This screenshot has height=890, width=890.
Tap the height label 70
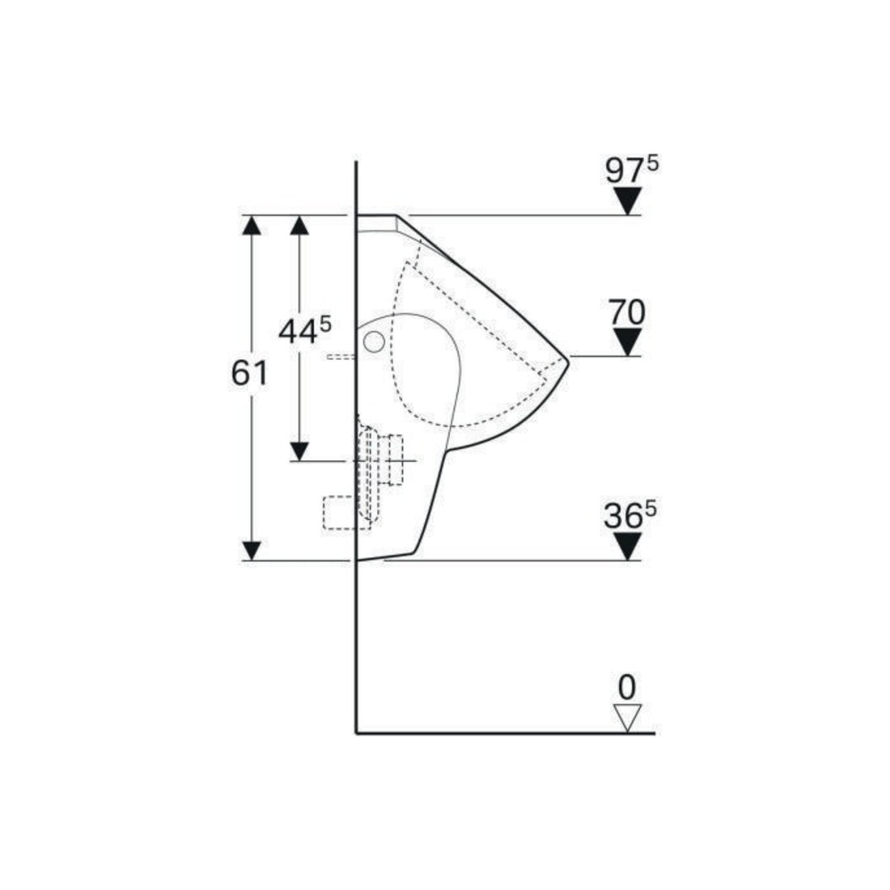(627, 313)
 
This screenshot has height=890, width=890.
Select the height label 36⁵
(629, 515)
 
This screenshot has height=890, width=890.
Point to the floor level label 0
(626, 688)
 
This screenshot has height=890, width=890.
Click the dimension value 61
(249, 374)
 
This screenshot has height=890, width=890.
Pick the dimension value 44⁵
(305, 331)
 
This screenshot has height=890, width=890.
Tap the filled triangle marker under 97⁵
(627, 201)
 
